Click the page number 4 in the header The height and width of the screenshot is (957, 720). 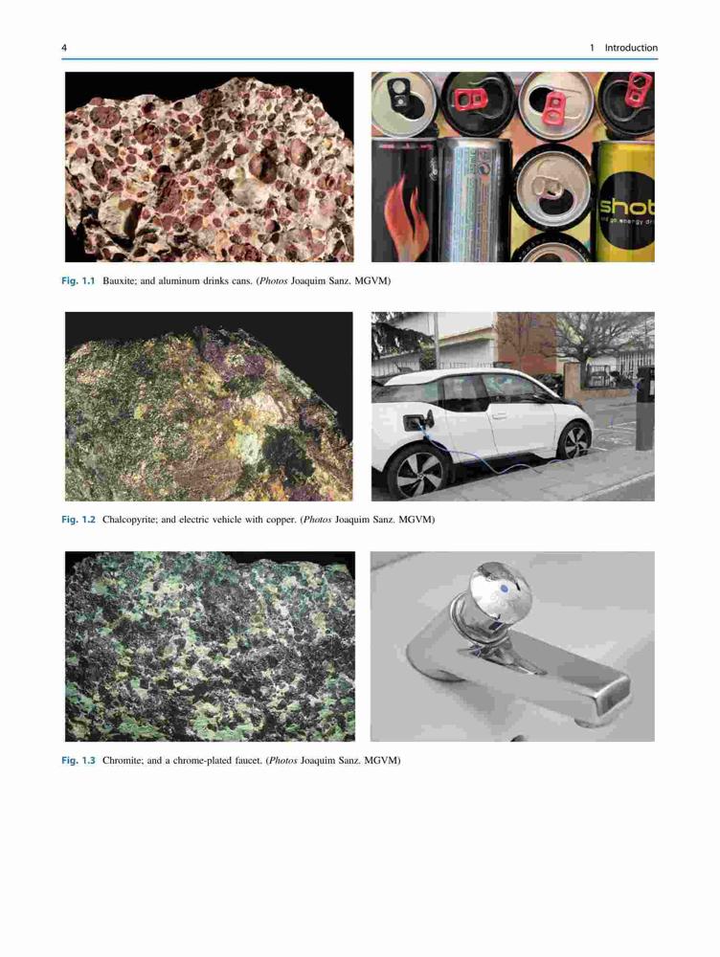pyautogui.click(x=64, y=48)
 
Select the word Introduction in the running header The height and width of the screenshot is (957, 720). pyautogui.click(x=631, y=48)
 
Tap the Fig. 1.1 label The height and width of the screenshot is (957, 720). pyautogui.click(x=79, y=281)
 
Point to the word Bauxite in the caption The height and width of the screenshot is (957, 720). pyautogui.click(x=118, y=281)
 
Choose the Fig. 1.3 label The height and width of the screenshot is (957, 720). pyautogui.click(x=79, y=761)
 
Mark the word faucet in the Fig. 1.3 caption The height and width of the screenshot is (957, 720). pyautogui.click(x=248, y=761)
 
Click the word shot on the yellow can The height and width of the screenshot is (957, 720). pyautogui.click(x=627, y=206)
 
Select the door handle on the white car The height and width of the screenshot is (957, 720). pyautogui.click(x=500, y=415)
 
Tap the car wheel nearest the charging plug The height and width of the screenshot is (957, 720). pyautogui.click(x=419, y=473)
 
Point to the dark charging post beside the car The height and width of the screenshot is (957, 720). pyautogui.click(x=645, y=409)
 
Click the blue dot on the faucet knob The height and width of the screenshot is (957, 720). pyautogui.click(x=505, y=588)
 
